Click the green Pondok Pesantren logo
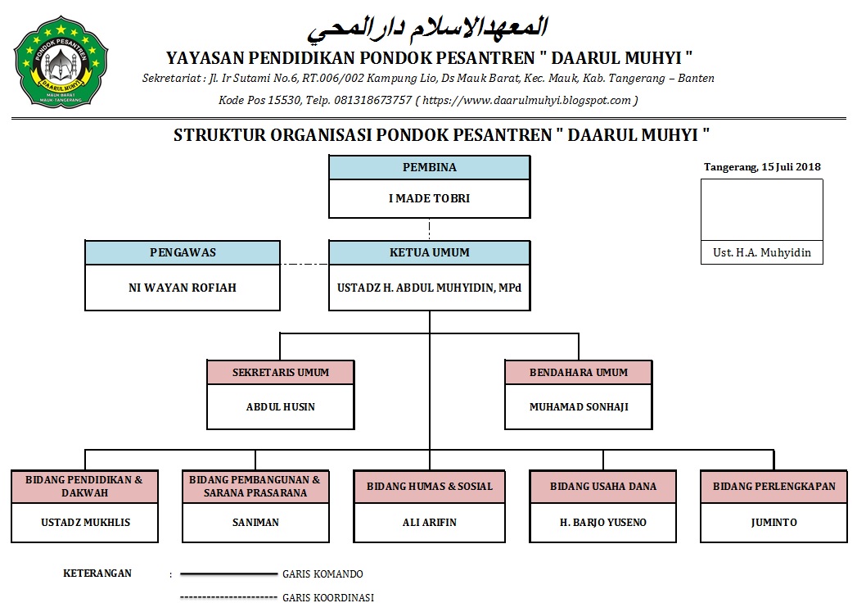61,61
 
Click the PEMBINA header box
429,167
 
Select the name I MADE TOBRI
429,198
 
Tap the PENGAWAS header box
183,252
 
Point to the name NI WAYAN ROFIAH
183,288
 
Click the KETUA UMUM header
429,252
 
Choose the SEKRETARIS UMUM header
281,372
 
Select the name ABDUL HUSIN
281,406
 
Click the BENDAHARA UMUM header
579,372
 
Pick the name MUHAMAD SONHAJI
579,406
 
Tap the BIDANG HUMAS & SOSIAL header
430,486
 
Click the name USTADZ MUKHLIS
85,522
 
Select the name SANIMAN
255,522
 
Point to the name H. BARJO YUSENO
603,522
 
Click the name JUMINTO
774,522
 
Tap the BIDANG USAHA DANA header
603,486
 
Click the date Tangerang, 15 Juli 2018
762,167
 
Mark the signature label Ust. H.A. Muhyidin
762,252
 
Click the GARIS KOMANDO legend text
323,574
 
